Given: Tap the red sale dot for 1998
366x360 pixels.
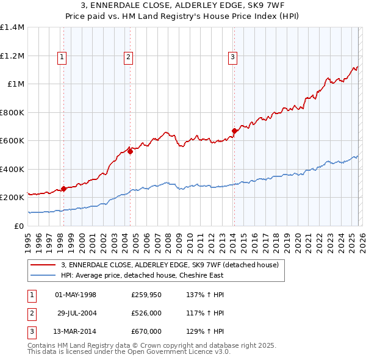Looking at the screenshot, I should tap(63, 189).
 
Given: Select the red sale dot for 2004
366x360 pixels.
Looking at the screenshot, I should tap(131, 151).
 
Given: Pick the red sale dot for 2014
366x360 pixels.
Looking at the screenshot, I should tap(234, 131).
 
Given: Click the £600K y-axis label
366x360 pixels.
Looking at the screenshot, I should tap(12, 141).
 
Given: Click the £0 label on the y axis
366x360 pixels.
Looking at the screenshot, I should tap(20, 226).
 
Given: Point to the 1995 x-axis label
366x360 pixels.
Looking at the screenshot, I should tap(28, 239).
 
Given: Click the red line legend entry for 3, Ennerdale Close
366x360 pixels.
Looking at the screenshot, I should tap(170, 264).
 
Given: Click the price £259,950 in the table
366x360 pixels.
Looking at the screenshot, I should tap(146, 295).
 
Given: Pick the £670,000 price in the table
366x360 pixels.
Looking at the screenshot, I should tap(146, 331).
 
